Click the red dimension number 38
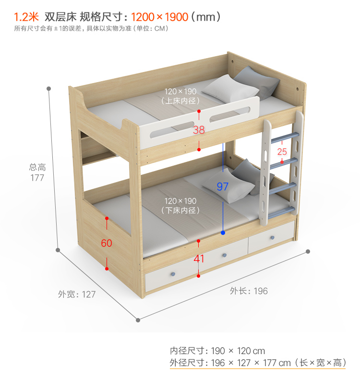tap(199, 130)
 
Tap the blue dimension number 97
tap(223, 186)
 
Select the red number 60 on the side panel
tap(107, 243)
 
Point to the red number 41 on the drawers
tap(199, 259)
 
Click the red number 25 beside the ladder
tap(282, 152)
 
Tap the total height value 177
tap(37, 178)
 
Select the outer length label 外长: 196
tap(249, 291)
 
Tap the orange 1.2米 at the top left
tap(26, 17)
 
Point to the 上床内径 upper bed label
tap(180, 101)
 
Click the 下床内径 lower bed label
tap(180, 210)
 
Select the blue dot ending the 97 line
tap(223, 233)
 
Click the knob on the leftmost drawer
tap(172, 274)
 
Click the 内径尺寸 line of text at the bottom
tap(217, 351)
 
